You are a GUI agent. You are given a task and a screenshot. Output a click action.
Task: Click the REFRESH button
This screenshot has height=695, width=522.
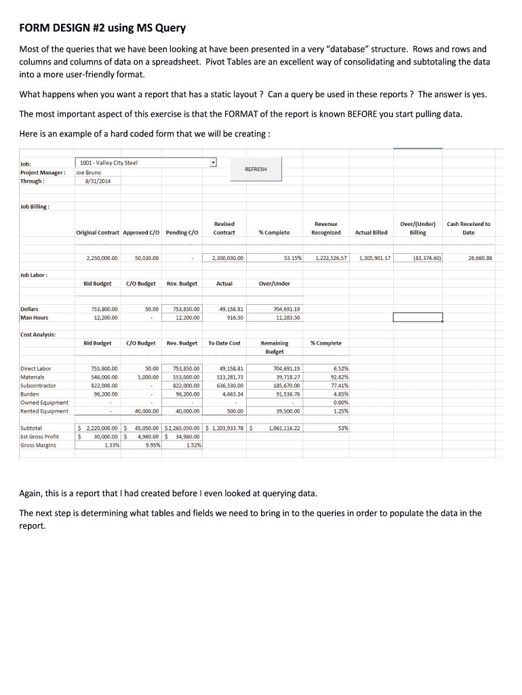pos(256,169)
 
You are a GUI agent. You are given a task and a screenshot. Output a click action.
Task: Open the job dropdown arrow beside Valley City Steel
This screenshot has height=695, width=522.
pos(213,163)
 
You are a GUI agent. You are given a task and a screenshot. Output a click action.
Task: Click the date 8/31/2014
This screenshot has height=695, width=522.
pos(98,181)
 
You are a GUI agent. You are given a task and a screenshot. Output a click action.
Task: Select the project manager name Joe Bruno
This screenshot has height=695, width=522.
pos(88,172)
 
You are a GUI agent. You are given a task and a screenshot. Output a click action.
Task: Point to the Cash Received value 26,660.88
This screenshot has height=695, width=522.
pos(479,258)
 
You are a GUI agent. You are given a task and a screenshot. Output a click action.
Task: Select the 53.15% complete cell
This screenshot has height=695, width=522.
pos(294,258)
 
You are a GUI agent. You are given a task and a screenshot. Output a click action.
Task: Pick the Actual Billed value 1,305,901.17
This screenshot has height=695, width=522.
pos(375,258)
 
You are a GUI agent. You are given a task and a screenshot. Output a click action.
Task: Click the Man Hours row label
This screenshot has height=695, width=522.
pos(35,318)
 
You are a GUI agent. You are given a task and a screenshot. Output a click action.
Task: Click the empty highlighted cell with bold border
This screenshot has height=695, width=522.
pos(418,318)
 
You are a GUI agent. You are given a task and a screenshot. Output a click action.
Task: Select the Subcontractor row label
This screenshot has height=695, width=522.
pos(39,385)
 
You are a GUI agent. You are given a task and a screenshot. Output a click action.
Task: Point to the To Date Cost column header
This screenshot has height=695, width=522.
pos(224,343)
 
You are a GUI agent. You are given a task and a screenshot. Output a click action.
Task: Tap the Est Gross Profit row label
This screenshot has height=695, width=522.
pos(39,437)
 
